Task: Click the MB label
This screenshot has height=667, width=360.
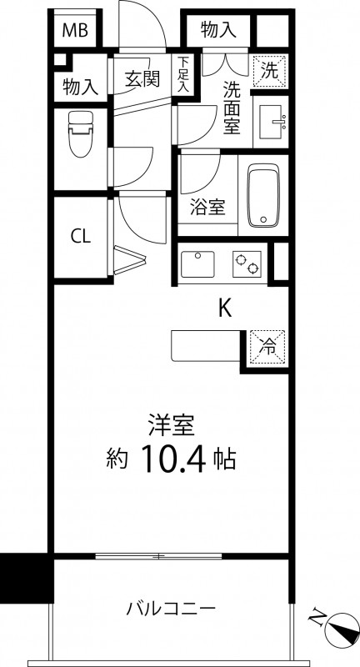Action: (x=77, y=32)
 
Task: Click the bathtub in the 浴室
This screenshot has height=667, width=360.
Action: (x=265, y=197)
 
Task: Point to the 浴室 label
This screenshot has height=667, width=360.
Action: (x=207, y=206)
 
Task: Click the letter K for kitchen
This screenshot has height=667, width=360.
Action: (x=224, y=308)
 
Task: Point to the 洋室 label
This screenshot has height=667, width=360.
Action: (x=172, y=424)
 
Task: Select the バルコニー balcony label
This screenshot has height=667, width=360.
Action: (x=172, y=608)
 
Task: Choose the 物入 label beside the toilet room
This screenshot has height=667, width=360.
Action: (x=81, y=85)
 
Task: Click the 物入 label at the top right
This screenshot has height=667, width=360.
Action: (x=218, y=31)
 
